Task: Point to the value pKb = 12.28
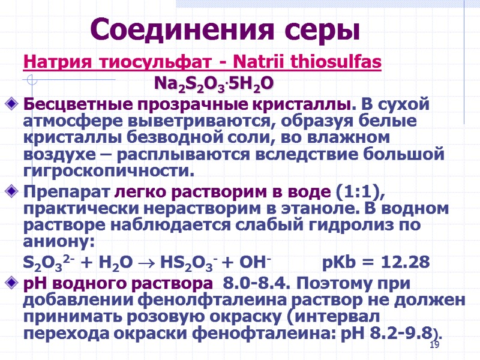coord(376,263)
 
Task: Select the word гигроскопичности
coord(109,172)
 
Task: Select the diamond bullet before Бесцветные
coord(14,104)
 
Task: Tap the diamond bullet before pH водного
coord(14,283)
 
